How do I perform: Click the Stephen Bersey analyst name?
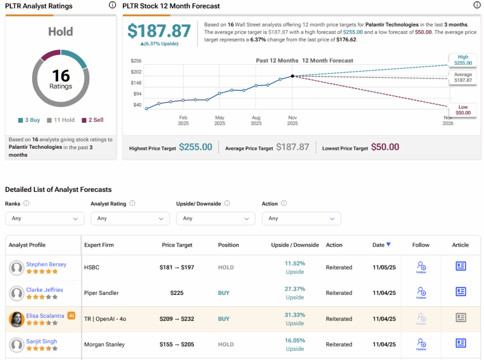click(x=46, y=265)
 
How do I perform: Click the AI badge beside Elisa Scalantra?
click(x=71, y=316)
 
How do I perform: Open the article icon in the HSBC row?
click(x=461, y=266)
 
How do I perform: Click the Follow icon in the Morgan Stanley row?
click(x=421, y=344)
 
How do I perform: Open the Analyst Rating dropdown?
click(x=130, y=218)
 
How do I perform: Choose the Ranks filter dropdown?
click(x=44, y=218)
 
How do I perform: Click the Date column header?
click(x=381, y=245)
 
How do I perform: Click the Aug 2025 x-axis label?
click(x=256, y=120)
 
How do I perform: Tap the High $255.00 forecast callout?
click(x=463, y=60)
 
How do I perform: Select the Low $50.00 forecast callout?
click(x=463, y=110)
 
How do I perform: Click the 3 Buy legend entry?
click(x=29, y=120)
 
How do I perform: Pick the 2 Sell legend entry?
click(x=93, y=120)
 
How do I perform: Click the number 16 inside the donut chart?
click(x=61, y=76)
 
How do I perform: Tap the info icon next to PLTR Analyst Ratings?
click(x=112, y=5)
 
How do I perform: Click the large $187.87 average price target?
click(x=159, y=31)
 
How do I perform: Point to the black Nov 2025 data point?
click(x=293, y=76)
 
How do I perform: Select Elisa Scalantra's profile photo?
click(x=17, y=319)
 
